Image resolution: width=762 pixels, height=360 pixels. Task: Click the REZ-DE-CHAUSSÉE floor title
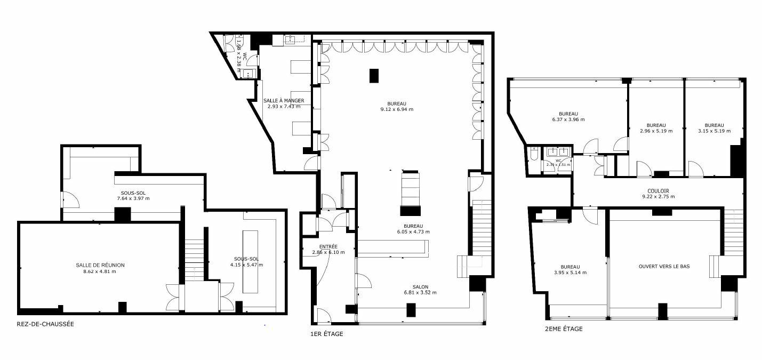pyautogui.click(x=45, y=324)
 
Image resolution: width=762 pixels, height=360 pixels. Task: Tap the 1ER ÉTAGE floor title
pyautogui.click(x=326, y=334)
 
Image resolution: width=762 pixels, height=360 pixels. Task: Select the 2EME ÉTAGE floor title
pyautogui.click(x=564, y=329)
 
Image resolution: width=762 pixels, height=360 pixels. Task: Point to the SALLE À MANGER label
pyautogui.click(x=284, y=100)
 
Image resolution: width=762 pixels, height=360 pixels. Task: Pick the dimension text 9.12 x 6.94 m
pyautogui.click(x=397, y=109)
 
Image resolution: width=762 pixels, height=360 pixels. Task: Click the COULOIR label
pyautogui.click(x=658, y=190)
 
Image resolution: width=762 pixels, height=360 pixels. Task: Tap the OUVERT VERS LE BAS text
pyautogui.click(x=664, y=266)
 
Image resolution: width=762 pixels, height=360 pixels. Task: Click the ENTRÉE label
pyautogui.click(x=328, y=246)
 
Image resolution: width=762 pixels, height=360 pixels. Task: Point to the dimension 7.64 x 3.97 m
pyautogui.click(x=133, y=198)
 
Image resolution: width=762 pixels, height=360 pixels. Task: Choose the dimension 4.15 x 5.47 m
pyautogui.click(x=246, y=265)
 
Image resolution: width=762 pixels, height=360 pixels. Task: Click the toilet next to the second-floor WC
pyautogui.click(x=534, y=155)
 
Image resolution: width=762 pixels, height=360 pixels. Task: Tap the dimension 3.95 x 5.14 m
pyautogui.click(x=570, y=273)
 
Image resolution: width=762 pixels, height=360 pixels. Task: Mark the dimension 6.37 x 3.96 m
pyautogui.click(x=568, y=119)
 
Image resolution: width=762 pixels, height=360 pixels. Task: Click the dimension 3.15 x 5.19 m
pyautogui.click(x=714, y=131)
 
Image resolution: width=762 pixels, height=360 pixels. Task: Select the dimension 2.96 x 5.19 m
pyautogui.click(x=656, y=131)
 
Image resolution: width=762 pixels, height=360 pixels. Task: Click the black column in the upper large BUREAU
pyautogui.click(x=374, y=76)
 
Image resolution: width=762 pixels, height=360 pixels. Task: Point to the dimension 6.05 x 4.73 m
pyautogui.click(x=413, y=231)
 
